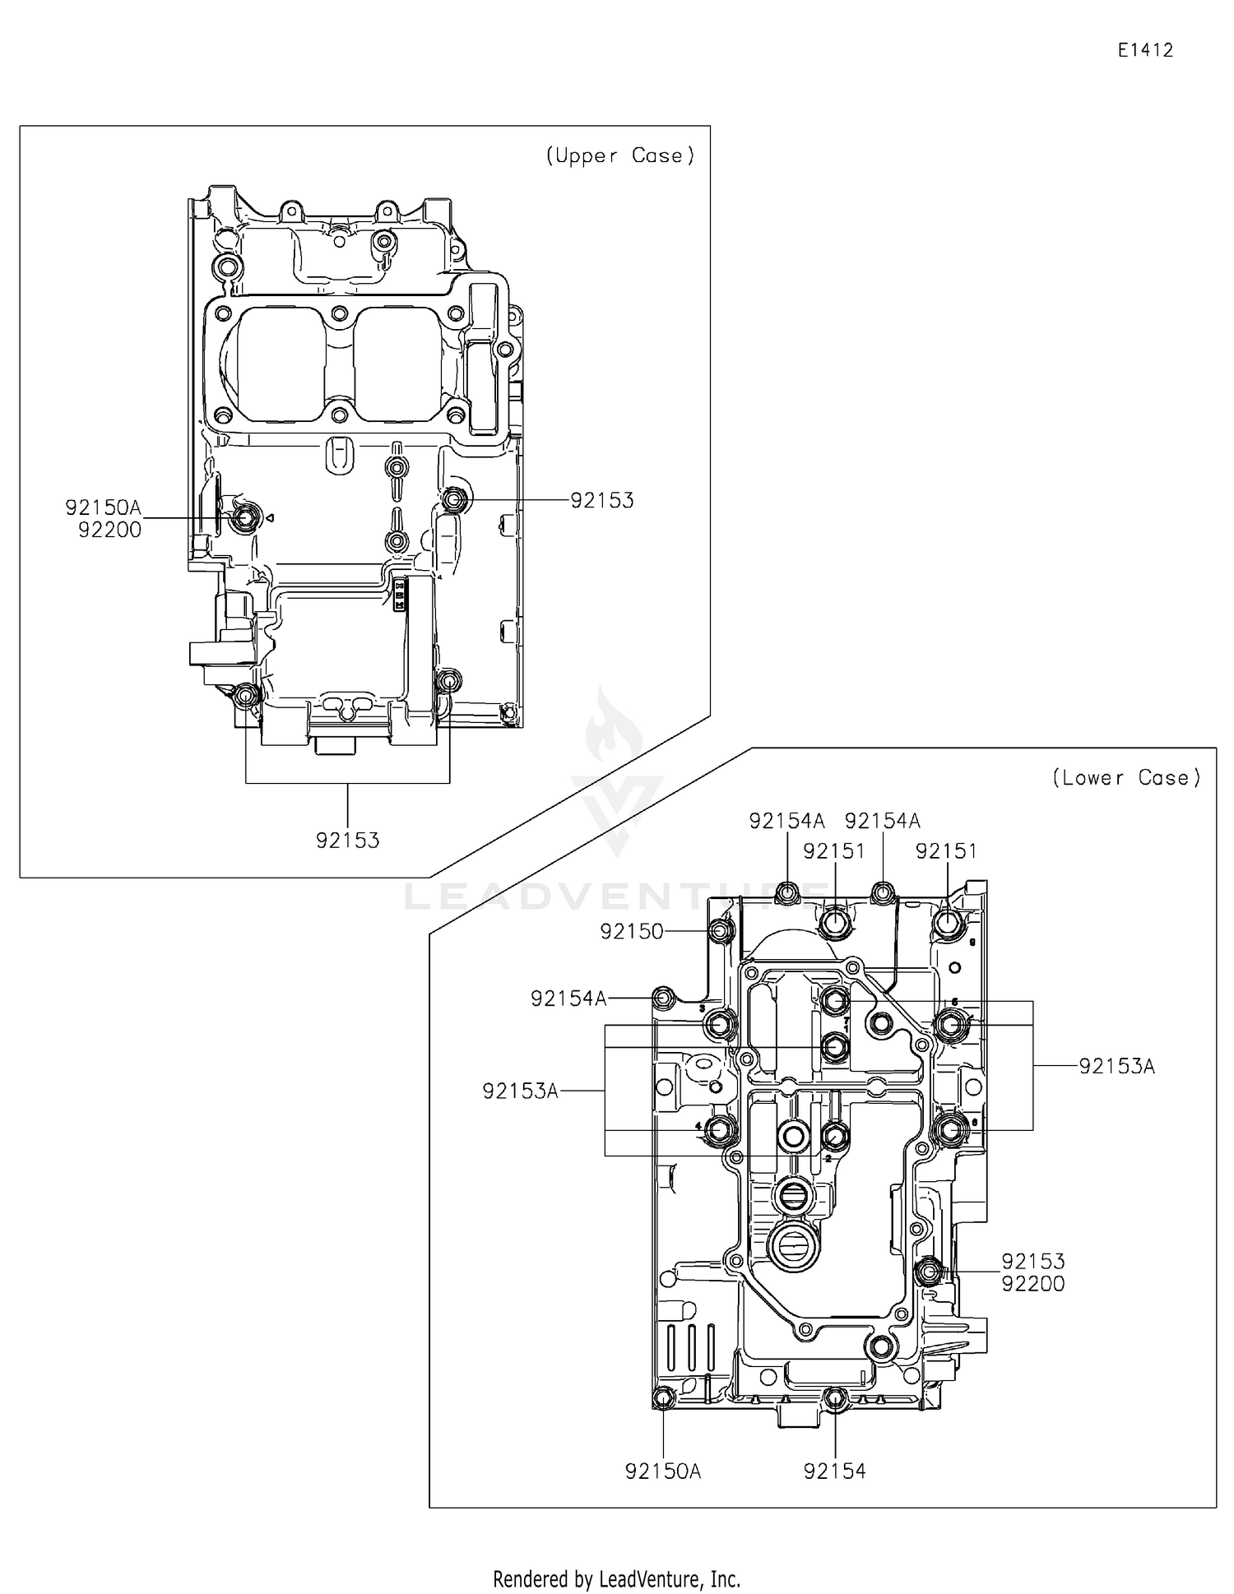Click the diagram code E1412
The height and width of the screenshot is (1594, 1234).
(x=1145, y=50)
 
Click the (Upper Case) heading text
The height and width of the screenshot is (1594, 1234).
(x=620, y=155)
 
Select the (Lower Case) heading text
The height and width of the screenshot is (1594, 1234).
(x=1126, y=777)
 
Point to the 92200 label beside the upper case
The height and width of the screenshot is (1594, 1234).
(x=110, y=531)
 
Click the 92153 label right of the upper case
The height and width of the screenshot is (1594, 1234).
(x=602, y=500)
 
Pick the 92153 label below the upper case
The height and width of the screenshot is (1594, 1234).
(x=348, y=841)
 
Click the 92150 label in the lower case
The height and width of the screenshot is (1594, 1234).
(x=632, y=931)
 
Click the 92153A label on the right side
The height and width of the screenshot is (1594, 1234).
(x=1117, y=1067)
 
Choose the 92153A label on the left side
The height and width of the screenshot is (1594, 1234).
(x=521, y=1091)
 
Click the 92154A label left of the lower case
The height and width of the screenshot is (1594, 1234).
(x=568, y=999)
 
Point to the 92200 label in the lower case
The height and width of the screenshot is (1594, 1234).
(x=1033, y=1284)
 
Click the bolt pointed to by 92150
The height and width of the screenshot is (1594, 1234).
(x=721, y=931)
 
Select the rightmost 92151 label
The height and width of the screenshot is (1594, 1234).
(x=947, y=851)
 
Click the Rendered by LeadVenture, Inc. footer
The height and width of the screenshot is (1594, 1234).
(x=616, y=1578)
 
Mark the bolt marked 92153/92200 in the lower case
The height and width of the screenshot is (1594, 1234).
(x=929, y=1272)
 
